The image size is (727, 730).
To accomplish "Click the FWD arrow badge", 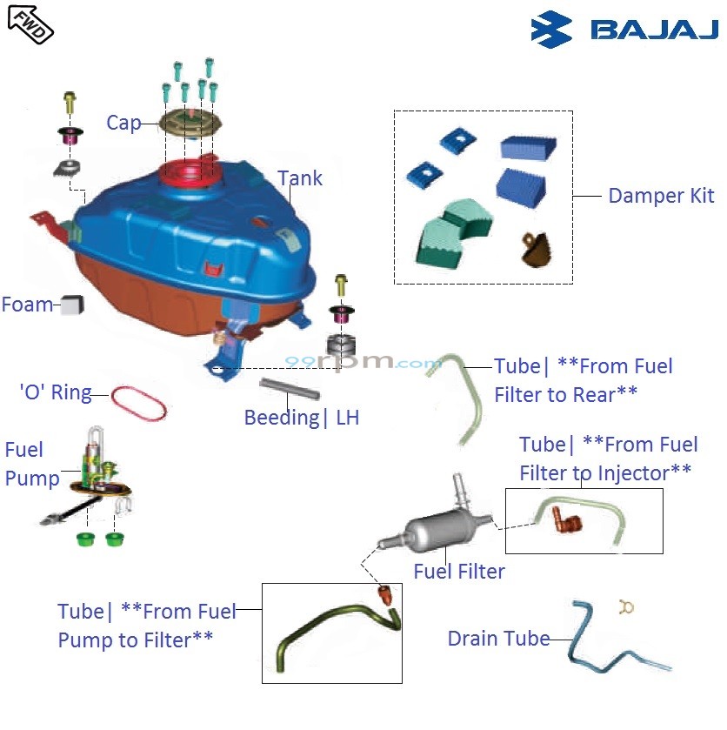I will tap(30, 23).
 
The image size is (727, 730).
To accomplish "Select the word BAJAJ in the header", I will tap(655, 30).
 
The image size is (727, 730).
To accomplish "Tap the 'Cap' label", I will tap(123, 123).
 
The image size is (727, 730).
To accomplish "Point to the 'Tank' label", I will tap(300, 178).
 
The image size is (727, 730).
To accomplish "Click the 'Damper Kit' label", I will tap(661, 196).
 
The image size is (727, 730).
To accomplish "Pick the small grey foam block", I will tap(72, 304).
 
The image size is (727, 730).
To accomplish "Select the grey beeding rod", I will tap(285, 384).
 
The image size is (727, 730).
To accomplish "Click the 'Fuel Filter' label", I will tap(459, 572).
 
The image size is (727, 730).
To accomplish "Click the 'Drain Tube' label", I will tap(498, 639).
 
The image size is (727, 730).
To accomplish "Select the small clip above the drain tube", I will tap(623, 606).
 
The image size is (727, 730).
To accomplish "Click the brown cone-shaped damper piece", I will tap(535, 248).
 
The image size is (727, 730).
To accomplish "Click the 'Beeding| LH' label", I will tap(301, 418).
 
